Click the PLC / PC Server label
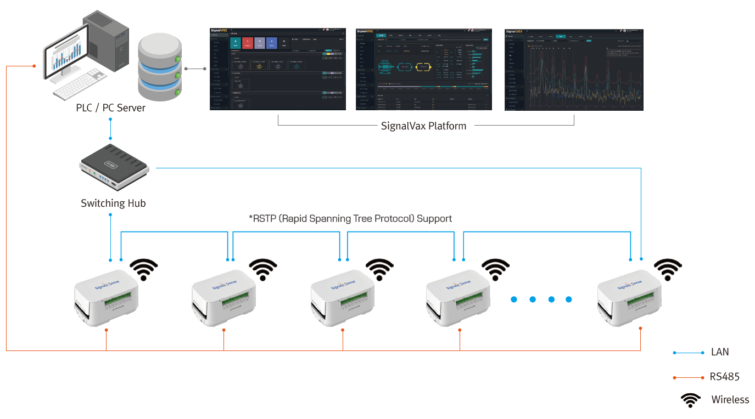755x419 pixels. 110,108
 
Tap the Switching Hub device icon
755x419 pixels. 114,166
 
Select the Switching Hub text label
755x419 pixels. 113,203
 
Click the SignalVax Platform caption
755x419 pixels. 423,126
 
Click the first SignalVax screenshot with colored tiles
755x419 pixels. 278,69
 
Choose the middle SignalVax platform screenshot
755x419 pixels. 423,69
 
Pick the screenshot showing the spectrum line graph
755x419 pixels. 574,69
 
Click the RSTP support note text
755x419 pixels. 350,218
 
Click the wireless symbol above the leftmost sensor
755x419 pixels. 144,269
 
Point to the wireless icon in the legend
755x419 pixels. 690,400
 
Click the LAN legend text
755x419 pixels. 720,352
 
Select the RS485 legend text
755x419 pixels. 724,377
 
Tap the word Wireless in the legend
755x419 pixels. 730,400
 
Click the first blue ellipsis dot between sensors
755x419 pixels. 514,299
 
